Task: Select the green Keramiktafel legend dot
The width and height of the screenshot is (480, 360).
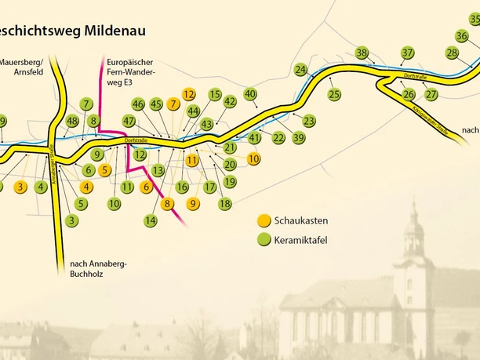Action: pyautogui.click(x=263, y=239)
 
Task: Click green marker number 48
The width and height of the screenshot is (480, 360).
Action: pyautogui.click(x=72, y=121)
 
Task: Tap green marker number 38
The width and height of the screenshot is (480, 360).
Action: pyautogui.click(x=361, y=53)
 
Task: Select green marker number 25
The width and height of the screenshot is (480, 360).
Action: pyautogui.click(x=335, y=95)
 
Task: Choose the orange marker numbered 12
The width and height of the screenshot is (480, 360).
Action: pyautogui.click(x=188, y=94)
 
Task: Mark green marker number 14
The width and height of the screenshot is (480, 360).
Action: pyautogui.click(x=151, y=221)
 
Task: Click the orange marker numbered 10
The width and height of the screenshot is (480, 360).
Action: pyautogui.click(x=253, y=158)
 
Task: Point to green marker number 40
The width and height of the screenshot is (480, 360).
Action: pyautogui.click(x=250, y=95)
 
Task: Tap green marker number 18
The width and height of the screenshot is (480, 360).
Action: pyautogui.click(x=225, y=204)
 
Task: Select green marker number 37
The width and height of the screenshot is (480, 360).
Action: pyautogui.click(x=407, y=53)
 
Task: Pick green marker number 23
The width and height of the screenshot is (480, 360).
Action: pyautogui.click(x=309, y=121)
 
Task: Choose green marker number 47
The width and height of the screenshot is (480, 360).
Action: pyautogui.click(x=129, y=121)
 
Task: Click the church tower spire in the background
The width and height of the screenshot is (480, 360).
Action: pyautogui.click(x=413, y=212)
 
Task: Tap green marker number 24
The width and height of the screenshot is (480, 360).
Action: pyautogui.click(x=300, y=70)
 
